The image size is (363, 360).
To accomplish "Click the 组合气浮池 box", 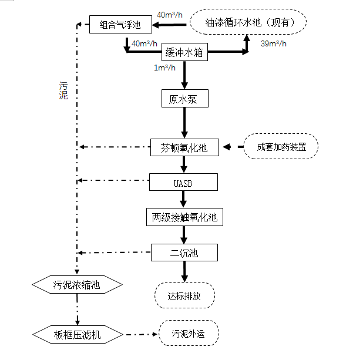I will [120, 25].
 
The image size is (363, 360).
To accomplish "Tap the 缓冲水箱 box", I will [185, 53].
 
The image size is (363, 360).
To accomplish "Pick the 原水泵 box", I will [184, 99].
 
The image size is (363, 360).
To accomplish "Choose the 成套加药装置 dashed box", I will [281, 147].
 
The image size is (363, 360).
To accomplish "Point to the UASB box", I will [183, 183].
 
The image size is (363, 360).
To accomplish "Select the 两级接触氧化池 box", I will [184, 218].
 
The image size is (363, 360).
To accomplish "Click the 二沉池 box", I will [184, 253].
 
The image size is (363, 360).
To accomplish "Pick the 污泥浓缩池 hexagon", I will [77, 285].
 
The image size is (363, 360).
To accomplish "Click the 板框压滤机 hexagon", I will [77, 334].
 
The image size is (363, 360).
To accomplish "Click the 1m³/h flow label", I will [164, 68].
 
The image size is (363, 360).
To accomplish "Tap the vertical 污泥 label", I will [63, 90].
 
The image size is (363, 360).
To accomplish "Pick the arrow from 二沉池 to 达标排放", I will [184, 271].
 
